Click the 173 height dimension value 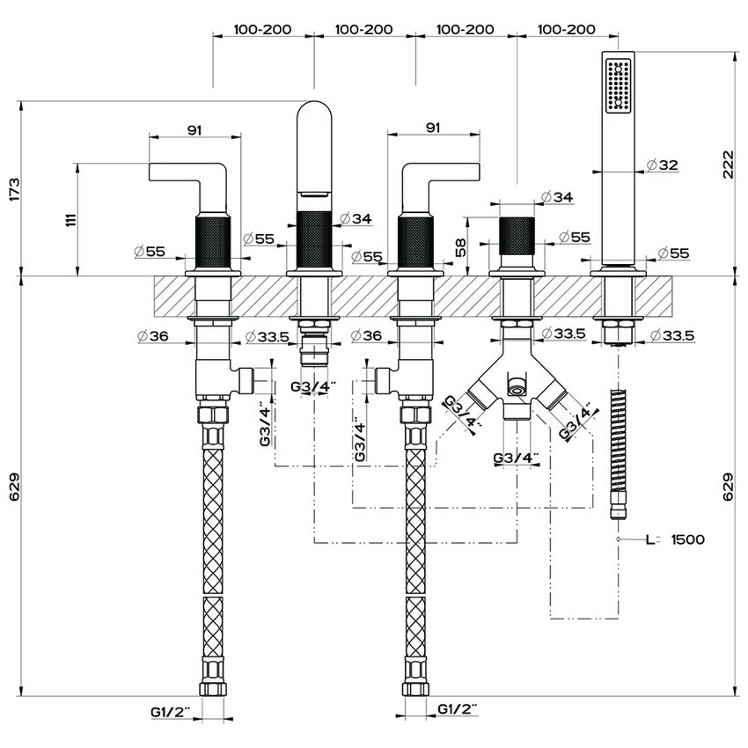click(13, 189)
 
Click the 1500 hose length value click(687, 539)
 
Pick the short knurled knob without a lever click(515, 232)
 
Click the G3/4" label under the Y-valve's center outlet click(516, 458)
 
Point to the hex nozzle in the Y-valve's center click(516, 387)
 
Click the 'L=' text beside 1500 click(653, 539)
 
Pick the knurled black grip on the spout click(314, 238)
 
